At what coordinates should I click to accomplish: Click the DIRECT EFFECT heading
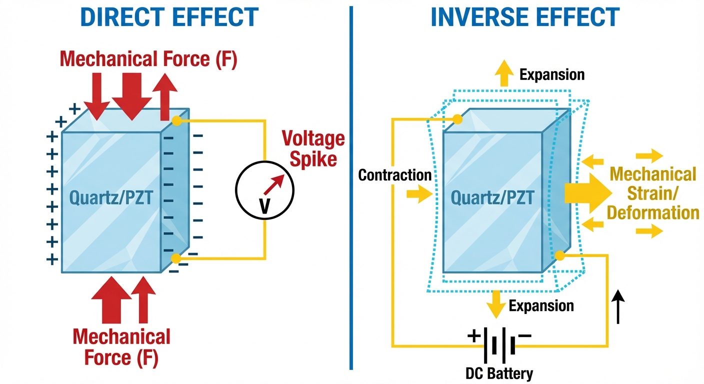coord(169,17)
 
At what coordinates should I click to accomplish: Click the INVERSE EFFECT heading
coord(524,17)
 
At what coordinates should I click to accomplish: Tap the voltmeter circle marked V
coord(265,190)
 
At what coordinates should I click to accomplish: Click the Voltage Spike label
coord(313,148)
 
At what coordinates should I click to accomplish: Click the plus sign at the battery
coord(473,335)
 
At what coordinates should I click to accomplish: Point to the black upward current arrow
coord(618,306)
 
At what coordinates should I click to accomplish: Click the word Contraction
coord(395,175)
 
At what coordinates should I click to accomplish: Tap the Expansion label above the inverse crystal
coord(551,75)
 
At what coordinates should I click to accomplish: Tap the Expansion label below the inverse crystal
coord(541,305)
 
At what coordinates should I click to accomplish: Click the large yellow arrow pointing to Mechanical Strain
coord(587,193)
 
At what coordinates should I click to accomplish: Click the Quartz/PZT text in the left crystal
coord(110,199)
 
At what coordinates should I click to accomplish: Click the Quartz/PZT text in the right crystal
coord(492,198)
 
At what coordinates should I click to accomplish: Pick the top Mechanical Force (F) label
coord(148,59)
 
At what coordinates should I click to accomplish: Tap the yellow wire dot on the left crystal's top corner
coord(175,120)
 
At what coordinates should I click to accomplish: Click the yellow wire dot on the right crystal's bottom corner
coord(560,255)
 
